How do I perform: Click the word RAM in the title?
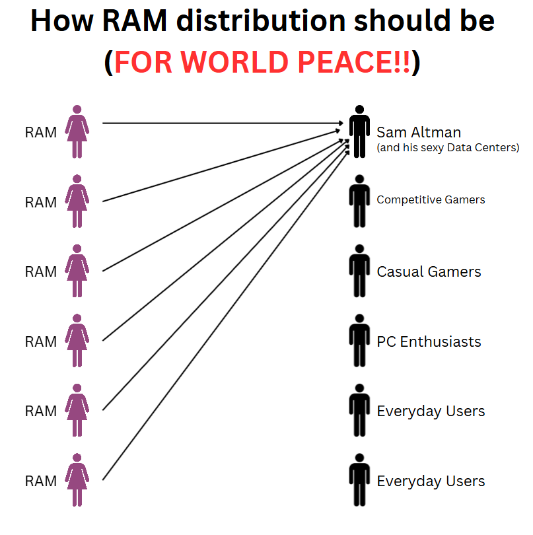(x=135, y=21)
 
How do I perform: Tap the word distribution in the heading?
(x=261, y=21)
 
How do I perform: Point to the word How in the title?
(x=62, y=21)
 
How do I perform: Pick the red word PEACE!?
(x=353, y=62)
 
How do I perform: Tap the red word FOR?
(x=143, y=62)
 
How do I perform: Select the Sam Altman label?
(x=419, y=132)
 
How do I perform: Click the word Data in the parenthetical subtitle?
(x=459, y=147)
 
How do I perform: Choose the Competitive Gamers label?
(x=431, y=199)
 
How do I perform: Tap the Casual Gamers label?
(x=429, y=272)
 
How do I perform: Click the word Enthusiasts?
(x=441, y=342)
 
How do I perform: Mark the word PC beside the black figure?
(x=386, y=342)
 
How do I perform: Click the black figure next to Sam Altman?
(x=359, y=131)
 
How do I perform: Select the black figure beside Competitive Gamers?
(x=359, y=201)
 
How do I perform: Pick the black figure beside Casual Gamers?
(x=359, y=271)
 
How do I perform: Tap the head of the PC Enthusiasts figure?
(x=359, y=318)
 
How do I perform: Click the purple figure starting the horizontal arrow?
(x=77, y=131)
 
